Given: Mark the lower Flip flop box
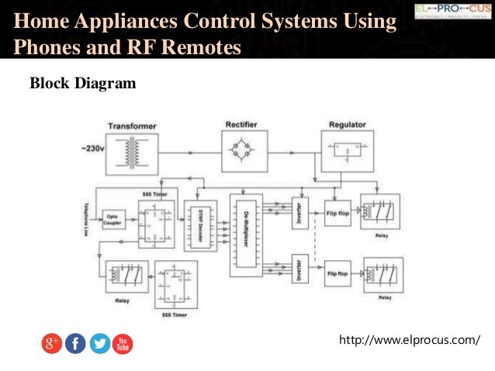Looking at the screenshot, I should click(x=337, y=273).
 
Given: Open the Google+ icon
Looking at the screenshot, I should click(x=52, y=343).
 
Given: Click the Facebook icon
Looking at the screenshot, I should click(x=75, y=343).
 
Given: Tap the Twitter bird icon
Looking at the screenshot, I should click(x=99, y=343).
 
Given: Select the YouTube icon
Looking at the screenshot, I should click(x=123, y=343).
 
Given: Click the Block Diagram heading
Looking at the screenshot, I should click(x=82, y=82).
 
